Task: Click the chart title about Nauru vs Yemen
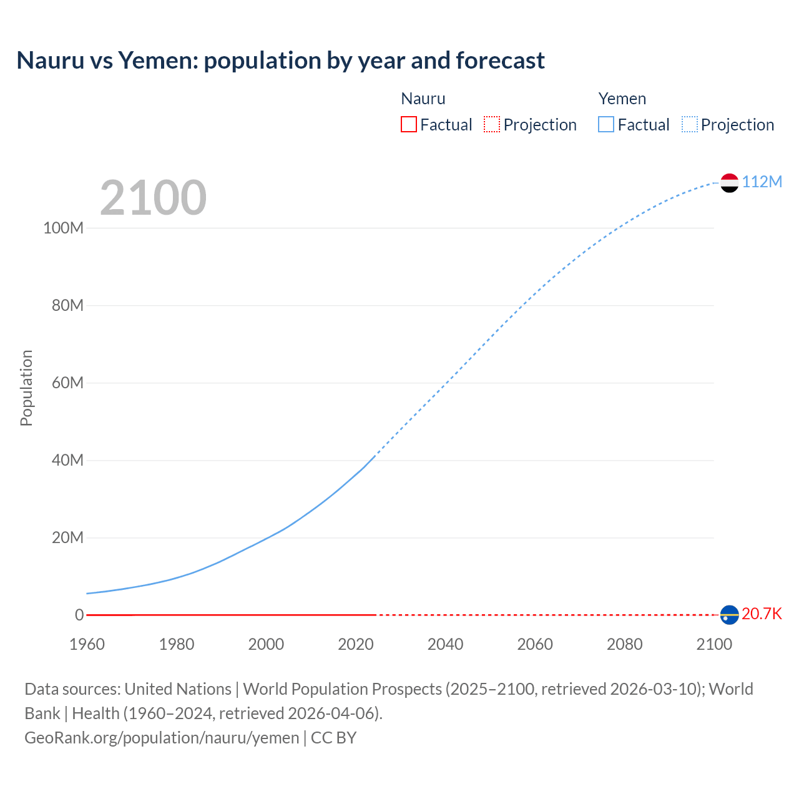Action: (280, 61)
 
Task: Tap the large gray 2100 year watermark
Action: (153, 198)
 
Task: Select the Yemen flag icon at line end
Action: (729, 183)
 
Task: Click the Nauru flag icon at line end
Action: (729, 615)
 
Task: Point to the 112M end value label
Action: (762, 182)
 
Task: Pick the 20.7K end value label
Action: (762, 614)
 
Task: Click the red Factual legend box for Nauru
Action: (409, 124)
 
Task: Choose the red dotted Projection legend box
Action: (492, 124)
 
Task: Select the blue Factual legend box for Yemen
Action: (606, 124)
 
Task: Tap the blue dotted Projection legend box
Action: (690, 124)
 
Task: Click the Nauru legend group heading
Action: (423, 99)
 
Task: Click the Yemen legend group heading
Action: (622, 99)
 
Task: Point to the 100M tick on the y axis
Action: (63, 228)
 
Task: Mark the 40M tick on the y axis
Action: (67, 460)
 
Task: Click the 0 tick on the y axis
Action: (79, 615)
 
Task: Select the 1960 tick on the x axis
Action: (87, 644)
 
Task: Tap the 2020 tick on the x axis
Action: (356, 644)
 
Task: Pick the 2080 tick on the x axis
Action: (624, 644)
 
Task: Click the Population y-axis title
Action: (26, 388)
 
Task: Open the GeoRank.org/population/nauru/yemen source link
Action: (162, 737)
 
